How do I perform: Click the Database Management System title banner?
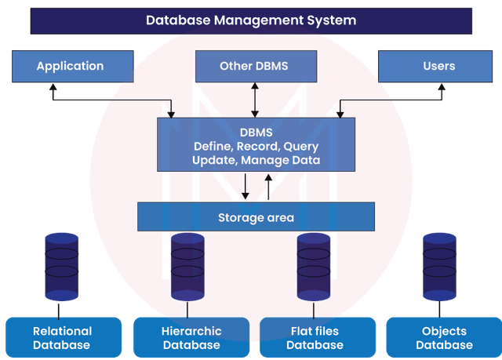click(x=251, y=20)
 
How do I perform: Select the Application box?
click(x=70, y=66)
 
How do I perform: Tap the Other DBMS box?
click(x=253, y=66)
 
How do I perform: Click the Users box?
click(x=438, y=66)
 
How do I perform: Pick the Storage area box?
click(x=256, y=217)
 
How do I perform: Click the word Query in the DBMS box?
click(x=300, y=146)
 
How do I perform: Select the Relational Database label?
click(x=62, y=338)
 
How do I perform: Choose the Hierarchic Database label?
click(x=188, y=338)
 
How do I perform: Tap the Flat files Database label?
click(x=314, y=338)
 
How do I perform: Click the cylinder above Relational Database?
click(x=62, y=266)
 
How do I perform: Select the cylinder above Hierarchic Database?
click(x=187, y=266)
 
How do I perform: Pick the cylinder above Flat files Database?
click(x=314, y=266)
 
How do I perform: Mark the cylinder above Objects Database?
click(x=439, y=266)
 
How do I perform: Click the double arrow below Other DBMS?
click(x=253, y=100)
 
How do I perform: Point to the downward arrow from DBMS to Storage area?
click(x=246, y=187)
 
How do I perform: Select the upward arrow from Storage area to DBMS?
click(x=268, y=187)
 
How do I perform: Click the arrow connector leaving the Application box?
click(x=110, y=100)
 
